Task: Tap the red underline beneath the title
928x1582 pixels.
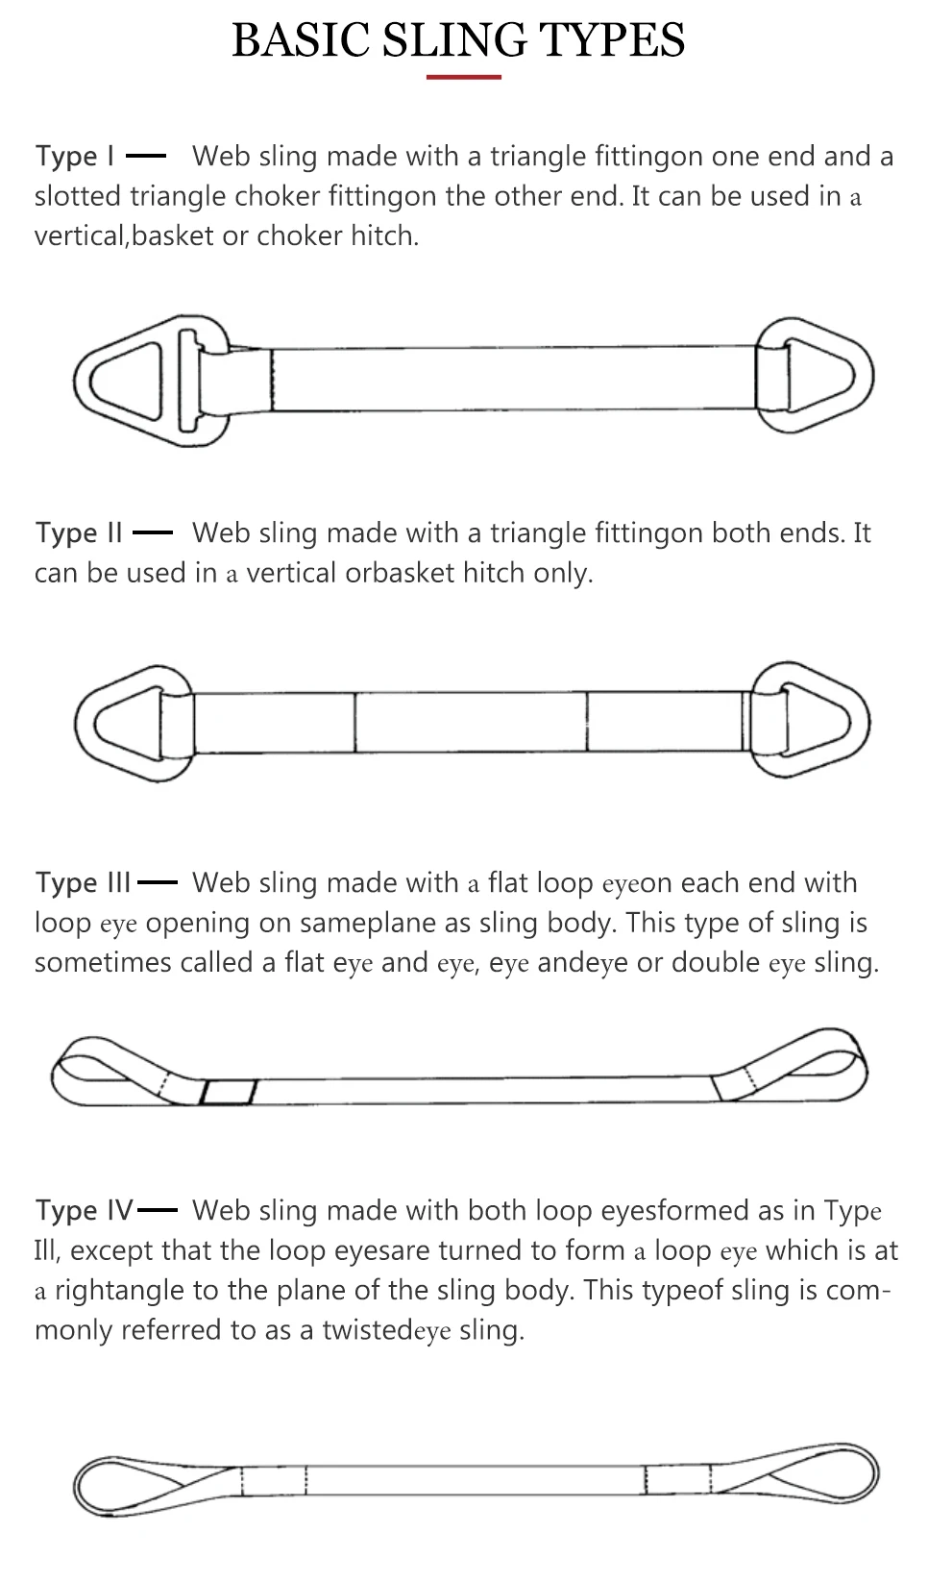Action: (x=464, y=77)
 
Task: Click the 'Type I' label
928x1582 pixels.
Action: (x=75, y=156)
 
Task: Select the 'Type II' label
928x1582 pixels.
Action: (x=79, y=532)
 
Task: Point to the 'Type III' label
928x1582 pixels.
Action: (x=83, y=882)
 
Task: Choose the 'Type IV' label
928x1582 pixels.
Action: (x=84, y=1210)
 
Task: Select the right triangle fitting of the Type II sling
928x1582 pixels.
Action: (x=813, y=720)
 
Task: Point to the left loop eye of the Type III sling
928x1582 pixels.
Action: (x=106, y=1069)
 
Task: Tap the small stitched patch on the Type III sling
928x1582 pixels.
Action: (x=229, y=1092)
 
